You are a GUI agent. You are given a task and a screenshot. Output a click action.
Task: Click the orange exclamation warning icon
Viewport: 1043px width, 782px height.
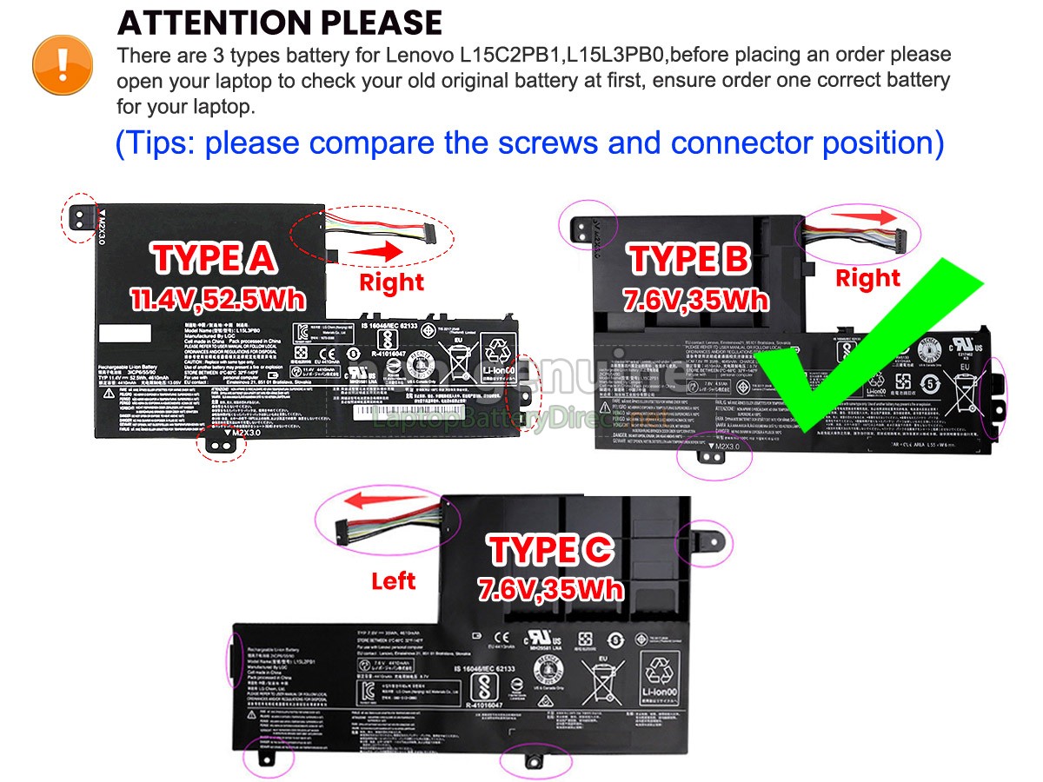coord(63,63)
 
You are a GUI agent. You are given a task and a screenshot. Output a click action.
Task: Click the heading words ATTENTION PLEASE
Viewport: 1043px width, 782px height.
coord(279,23)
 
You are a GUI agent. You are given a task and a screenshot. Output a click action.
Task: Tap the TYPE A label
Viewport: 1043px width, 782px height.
coord(215,258)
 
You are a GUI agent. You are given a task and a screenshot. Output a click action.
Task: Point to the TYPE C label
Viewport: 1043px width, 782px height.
coord(551,550)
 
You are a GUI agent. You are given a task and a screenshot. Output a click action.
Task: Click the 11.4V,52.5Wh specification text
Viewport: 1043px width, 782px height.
coord(217,299)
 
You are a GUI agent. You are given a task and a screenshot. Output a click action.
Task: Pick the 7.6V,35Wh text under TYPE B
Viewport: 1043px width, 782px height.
coord(695,301)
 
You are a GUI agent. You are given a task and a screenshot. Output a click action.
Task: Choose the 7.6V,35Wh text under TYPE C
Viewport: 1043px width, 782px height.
coord(551,590)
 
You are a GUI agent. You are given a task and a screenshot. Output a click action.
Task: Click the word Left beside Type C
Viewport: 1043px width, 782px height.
coord(393,581)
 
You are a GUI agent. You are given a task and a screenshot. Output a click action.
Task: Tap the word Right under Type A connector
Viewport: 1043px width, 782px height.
coord(391,282)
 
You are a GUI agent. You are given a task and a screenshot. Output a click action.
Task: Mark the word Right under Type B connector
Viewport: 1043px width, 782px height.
coord(867,278)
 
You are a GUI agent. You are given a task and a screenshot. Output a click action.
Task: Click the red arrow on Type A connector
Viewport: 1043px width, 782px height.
coord(376,251)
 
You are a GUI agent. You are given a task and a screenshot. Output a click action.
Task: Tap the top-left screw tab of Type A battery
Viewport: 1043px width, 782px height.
coord(80,216)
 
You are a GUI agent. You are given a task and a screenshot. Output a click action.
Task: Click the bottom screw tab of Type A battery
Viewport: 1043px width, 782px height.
coord(222,443)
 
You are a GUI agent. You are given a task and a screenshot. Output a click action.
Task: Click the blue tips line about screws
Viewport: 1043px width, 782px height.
coord(529,142)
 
